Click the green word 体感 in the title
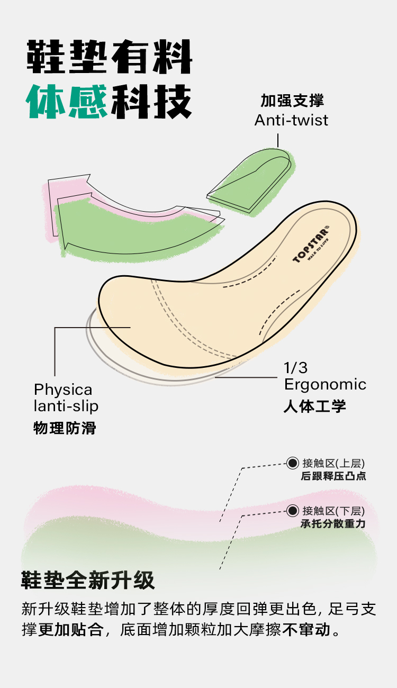tap(67, 101)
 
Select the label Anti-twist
tap(291, 120)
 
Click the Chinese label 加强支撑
tap(292, 101)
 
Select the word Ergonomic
tap(325, 384)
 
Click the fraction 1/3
tap(296, 368)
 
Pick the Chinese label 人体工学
tap(314, 406)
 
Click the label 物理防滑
tap(65, 428)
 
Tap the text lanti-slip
tap(66, 406)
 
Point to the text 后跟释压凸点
tap(333, 476)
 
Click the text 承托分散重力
tap(333, 524)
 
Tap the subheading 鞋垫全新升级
tap(88, 581)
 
